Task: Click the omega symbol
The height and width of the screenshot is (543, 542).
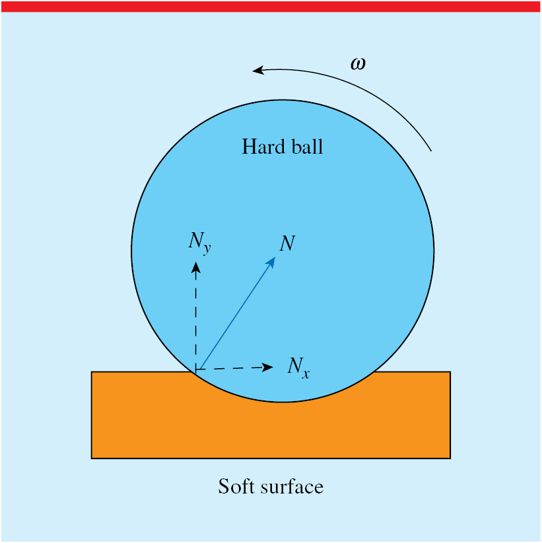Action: (358, 64)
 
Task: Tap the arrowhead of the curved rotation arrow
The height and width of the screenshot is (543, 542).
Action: (258, 71)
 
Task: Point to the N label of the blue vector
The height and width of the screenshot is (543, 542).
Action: (287, 243)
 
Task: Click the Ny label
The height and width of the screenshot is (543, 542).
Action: (200, 243)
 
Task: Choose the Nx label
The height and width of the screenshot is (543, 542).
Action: (298, 367)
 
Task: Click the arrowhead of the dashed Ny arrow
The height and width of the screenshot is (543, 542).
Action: (196, 268)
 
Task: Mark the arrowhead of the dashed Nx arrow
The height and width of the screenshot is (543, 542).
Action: (267, 367)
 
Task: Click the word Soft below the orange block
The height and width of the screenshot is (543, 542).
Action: (238, 486)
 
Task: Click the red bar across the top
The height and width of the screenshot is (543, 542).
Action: (271, 7)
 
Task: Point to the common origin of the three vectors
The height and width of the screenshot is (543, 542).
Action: (197, 370)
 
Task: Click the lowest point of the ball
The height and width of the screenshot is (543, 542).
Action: (282, 402)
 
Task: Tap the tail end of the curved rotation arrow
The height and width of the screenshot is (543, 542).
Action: (431, 151)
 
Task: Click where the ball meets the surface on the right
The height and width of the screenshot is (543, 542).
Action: (373, 372)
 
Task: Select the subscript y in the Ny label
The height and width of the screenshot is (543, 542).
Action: (207, 248)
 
